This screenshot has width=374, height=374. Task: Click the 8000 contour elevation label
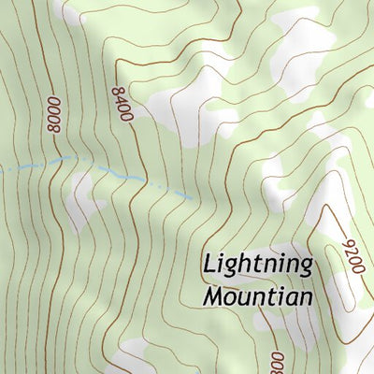53,115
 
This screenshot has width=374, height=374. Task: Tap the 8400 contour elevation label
122,105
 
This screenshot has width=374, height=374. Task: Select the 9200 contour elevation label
352,253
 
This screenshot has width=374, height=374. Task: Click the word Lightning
257,266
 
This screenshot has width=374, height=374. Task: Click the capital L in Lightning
209,265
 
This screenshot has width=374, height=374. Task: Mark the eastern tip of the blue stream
193,198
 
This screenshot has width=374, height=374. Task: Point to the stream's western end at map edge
2,170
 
